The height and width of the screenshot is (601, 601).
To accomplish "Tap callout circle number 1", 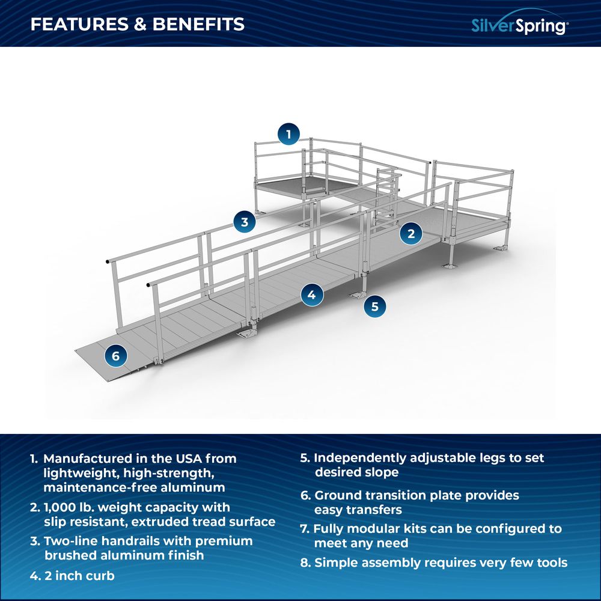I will [x=289, y=134].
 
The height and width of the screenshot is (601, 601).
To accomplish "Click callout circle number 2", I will [x=411, y=234].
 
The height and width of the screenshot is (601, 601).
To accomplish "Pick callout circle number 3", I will [x=244, y=222].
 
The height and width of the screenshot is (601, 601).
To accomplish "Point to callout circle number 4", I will [x=311, y=294].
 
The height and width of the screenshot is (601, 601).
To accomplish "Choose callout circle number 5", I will [x=374, y=306].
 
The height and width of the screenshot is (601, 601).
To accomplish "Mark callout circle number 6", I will [x=115, y=356].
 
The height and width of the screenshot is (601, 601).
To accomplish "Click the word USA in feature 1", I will [x=184, y=459].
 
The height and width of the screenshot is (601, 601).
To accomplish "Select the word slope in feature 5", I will [x=380, y=472].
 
